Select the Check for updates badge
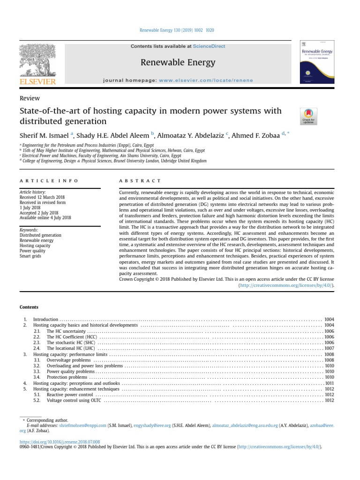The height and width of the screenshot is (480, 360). (308, 116)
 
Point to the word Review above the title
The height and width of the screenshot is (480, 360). (30, 98)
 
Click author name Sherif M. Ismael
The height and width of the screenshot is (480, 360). (45, 135)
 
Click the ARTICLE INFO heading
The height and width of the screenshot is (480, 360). (49, 180)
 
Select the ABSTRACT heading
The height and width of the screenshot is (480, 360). (140, 180)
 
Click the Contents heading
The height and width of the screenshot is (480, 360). (29, 307)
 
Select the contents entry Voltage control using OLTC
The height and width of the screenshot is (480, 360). (74, 400)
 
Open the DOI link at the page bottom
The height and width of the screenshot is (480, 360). (60, 442)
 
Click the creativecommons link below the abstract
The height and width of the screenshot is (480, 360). (287, 285)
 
